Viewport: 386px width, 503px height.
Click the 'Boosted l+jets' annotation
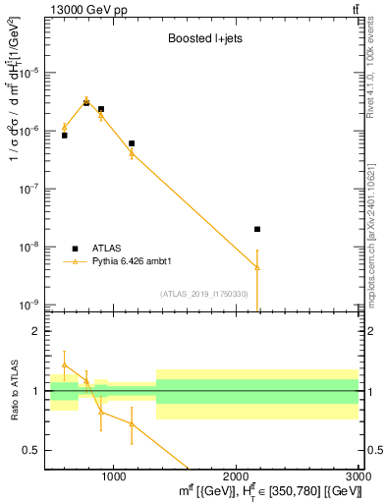coord(203,40)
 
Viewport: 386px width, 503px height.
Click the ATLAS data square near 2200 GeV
coord(257,229)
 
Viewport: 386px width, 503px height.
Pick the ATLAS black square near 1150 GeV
coord(132,143)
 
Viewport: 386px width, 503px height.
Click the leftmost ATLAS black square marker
coord(64,135)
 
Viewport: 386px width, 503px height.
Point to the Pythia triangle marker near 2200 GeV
coord(257,267)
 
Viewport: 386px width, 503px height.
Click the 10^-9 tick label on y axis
coord(33,305)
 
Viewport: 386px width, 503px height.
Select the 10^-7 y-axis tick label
coord(33,189)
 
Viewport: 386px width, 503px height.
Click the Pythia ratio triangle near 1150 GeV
coord(132,423)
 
